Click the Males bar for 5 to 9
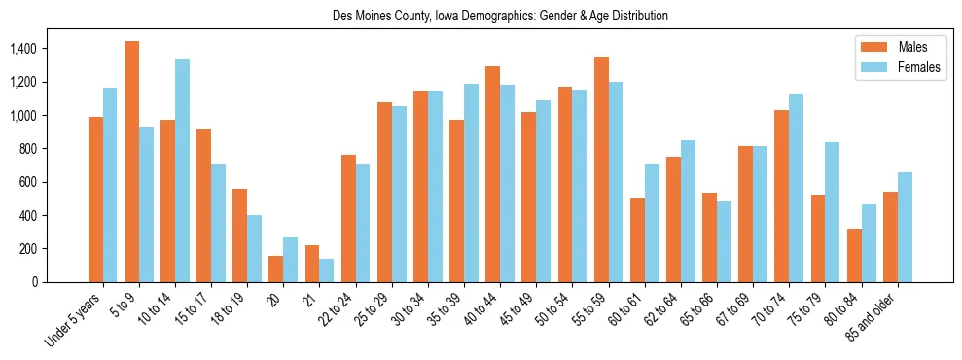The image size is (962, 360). click(131, 162)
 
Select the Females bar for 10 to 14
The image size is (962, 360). click(182, 170)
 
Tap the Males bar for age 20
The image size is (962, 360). click(276, 269)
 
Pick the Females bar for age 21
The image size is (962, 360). click(327, 270)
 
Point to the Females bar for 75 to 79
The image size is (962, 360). click(833, 212)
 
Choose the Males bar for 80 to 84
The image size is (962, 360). click(854, 255)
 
